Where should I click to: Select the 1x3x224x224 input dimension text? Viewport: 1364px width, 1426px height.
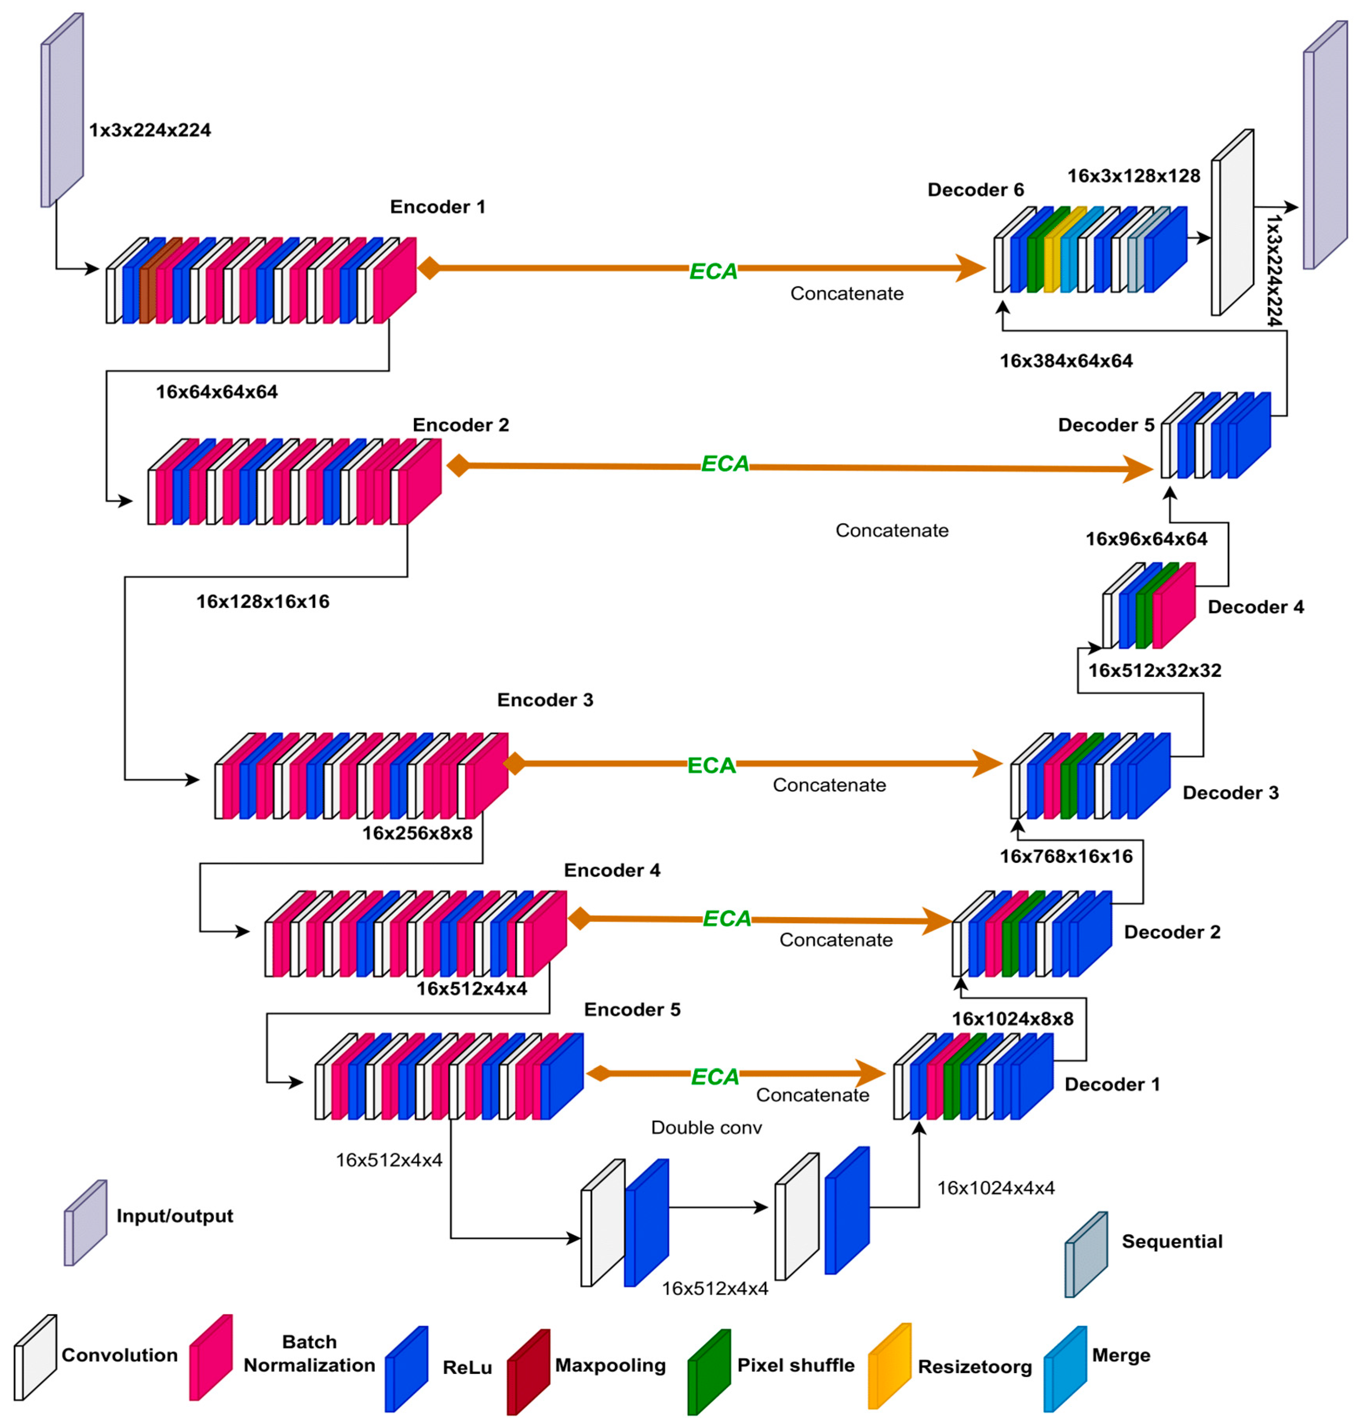[150, 130]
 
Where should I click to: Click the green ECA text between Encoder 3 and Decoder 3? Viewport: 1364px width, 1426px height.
[711, 765]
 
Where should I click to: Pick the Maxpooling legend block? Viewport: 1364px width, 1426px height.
[529, 1371]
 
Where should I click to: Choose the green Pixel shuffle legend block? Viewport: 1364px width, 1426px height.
[709, 1371]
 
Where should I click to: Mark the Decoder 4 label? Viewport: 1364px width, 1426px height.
[1255, 607]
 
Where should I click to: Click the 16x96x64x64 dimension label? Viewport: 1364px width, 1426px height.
[1146, 539]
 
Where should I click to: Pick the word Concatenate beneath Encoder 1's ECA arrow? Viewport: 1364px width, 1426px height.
[846, 294]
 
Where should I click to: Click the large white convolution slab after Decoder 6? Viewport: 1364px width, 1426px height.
[1232, 223]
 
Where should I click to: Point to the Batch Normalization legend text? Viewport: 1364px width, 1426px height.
[309, 1353]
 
